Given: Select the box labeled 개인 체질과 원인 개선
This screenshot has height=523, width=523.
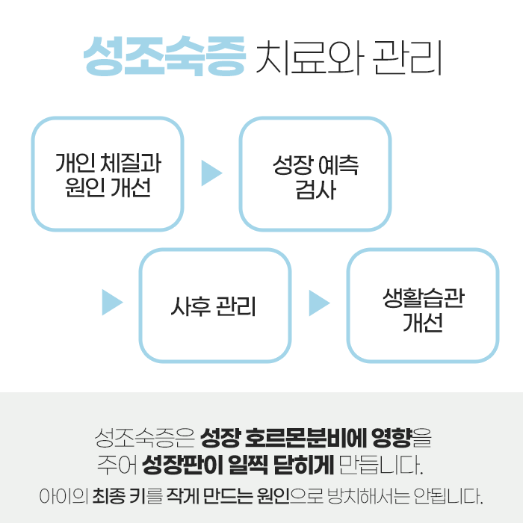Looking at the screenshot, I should (108, 174).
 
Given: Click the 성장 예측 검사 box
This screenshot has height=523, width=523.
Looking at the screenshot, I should (315, 174).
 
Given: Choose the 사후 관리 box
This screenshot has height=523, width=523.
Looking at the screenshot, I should (215, 305).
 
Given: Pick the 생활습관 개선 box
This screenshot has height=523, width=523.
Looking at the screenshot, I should (422, 305).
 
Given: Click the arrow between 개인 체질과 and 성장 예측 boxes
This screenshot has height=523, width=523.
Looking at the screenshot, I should (211, 173).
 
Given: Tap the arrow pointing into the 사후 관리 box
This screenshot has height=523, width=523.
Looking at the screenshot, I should (112, 303).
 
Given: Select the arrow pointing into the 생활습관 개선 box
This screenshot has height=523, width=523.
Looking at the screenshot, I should (319, 303).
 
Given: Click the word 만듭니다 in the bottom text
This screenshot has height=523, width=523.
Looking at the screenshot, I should (378, 465).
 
